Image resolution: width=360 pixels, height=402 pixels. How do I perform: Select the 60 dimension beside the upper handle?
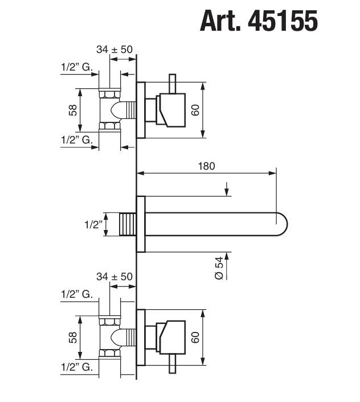coord(195,110)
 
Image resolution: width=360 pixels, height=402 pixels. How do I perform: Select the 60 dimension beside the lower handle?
coord(195,337)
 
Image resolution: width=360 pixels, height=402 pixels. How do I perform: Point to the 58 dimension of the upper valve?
coord(73,110)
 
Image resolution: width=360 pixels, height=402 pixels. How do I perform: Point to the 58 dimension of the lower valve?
coord(73,338)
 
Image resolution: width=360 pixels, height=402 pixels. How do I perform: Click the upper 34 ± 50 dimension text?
coord(114,50)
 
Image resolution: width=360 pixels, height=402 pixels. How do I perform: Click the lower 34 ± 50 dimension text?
coord(114,276)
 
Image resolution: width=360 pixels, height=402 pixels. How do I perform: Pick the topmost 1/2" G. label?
coord(76,67)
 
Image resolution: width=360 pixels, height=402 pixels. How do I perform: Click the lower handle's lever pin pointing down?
coord(172,363)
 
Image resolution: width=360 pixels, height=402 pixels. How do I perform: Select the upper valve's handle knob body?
coord(170,109)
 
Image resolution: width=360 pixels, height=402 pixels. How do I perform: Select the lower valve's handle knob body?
coord(170,337)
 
